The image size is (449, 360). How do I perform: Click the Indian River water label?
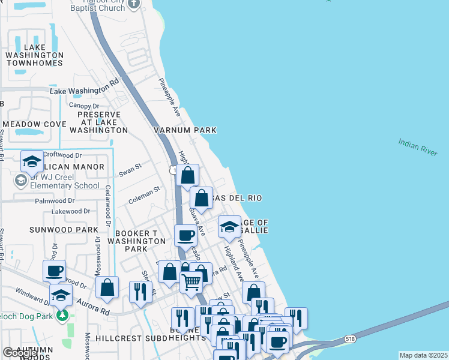pyautogui.click(x=417, y=147)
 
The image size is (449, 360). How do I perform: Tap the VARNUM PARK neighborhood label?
pyautogui.click(x=184, y=130)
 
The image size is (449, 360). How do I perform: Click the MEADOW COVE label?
pyautogui.click(x=33, y=124)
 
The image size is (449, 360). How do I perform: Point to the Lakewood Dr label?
pyautogui.click(x=70, y=211)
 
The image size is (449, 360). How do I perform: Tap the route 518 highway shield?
pyautogui.click(x=350, y=339)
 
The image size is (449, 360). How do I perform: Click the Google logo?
pyautogui.click(x=20, y=353)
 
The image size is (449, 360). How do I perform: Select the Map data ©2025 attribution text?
pyautogui.click(x=423, y=355)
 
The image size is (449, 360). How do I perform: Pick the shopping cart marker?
pyautogui.click(x=191, y=281)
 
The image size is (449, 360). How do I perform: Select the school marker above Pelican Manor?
pyautogui.click(x=32, y=161)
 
